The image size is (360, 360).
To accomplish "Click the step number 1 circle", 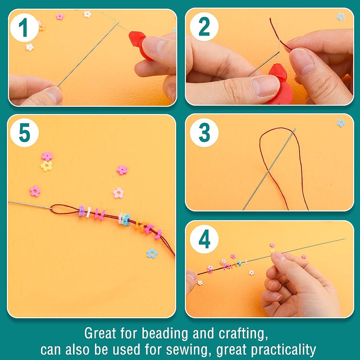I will pos(24,27).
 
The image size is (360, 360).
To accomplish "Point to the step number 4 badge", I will pos(204,239).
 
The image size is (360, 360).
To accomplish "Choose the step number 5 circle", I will pos(24,133).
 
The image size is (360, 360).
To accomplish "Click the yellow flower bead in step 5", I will pos(46,166).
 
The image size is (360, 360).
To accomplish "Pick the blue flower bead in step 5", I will pos(152,254).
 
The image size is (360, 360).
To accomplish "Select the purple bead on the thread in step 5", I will pos(82,211).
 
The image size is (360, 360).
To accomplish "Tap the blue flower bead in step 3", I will pos(341,123).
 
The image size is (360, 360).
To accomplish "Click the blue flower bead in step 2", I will pos(341,17).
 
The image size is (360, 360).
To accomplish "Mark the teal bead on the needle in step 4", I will pos(239,263).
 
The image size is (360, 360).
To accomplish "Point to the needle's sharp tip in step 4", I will pos(345,239).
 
